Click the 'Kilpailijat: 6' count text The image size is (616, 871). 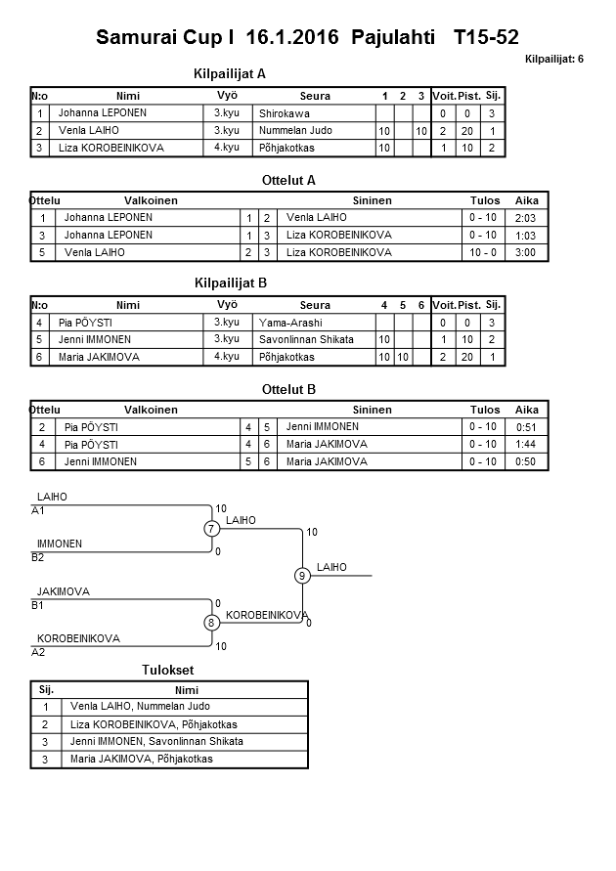tap(553, 60)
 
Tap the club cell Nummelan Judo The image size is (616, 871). tap(295, 131)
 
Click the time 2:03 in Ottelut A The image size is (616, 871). tap(526, 218)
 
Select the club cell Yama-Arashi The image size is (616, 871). tap(290, 323)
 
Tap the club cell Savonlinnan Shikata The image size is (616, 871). tap(307, 339)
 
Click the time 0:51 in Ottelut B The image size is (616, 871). tap(526, 427)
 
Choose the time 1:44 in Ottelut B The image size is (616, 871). tap(526, 444)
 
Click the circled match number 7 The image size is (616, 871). tap(211, 529)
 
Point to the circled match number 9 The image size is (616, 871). tap(302, 576)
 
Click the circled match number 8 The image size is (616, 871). tap(211, 623)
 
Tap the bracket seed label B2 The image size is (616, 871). tap(38, 557)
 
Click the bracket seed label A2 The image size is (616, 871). tap(38, 651)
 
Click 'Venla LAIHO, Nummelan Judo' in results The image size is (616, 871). tap(140, 706)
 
